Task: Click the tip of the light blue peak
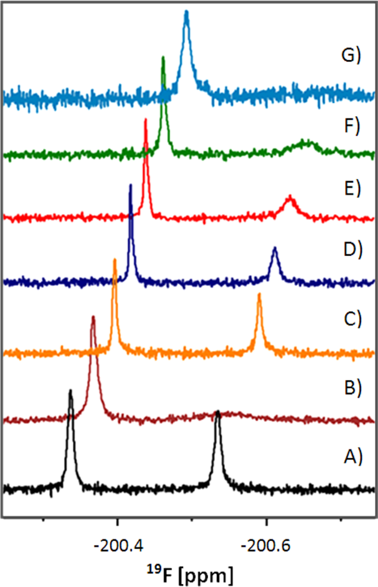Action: (x=186, y=12)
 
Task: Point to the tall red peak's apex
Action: (x=146, y=120)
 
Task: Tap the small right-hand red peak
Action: (x=289, y=197)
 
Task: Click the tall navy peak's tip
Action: (x=131, y=185)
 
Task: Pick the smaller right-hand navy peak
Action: (x=275, y=249)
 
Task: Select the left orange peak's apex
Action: (x=115, y=260)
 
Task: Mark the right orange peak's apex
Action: (x=259, y=294)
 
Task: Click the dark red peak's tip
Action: (x=93, y=317)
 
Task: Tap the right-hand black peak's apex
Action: (x=217, y=412)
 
